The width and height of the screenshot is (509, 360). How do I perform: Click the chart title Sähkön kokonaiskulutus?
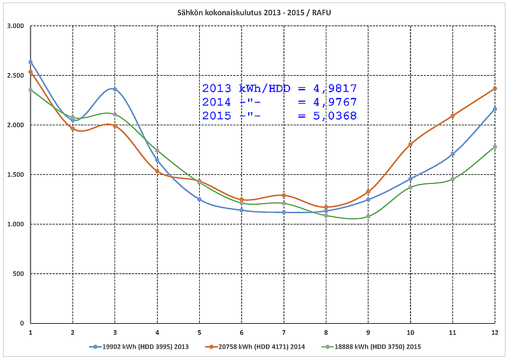(x=254, y=13)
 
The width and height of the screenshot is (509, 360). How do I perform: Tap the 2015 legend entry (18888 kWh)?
(x=372, y=347)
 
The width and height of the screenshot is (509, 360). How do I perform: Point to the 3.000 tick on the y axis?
(x=14, y=26)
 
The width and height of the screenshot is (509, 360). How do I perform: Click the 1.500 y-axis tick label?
(x=14, y=174)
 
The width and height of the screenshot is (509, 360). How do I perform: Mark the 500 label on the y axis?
(x=18, y=273)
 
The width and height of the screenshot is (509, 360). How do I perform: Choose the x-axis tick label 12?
(x=494, y=332)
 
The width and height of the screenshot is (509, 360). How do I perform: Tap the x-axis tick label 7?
(x=284, y=332)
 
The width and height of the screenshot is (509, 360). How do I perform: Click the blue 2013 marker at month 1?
(x=31, y=62)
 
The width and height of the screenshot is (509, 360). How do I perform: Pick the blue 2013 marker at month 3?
(x=115, y=89)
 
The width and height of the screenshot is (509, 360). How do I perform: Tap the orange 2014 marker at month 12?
(x=495, y=88)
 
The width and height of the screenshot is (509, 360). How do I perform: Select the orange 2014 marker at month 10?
(x=410, y=144)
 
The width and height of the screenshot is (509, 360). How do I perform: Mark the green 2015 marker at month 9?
(x=368, y=216)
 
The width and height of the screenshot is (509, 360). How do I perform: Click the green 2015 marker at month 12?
(x=495, y=147)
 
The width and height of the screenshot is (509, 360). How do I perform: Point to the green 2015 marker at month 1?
(x=31, y=90)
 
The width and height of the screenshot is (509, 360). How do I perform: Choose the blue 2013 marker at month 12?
(x=495, y=109)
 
